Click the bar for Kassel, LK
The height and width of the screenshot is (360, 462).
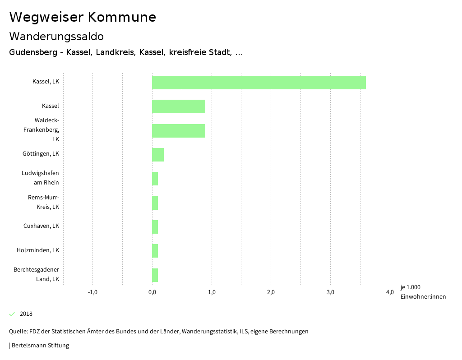(259, 83)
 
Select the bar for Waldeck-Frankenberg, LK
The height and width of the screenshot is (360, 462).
(179, 131)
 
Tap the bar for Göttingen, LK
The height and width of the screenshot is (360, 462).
(158, 155)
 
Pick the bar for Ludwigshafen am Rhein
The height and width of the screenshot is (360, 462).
(155, 179)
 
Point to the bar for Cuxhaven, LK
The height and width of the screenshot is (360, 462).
(155, 227)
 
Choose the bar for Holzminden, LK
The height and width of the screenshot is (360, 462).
(155, 251)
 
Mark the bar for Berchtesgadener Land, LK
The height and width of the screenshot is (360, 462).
(155, 275)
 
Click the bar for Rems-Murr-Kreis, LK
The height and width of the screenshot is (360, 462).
(155, 203)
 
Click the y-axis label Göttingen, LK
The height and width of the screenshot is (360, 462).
(41, 154)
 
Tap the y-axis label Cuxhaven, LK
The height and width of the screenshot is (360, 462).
(42, 226)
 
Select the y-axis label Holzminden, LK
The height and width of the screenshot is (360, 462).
(38, 250)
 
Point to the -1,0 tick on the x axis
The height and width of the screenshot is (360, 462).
(92, 292)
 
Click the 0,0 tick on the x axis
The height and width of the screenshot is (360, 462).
(152, 292)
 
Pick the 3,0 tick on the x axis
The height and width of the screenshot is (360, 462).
(330, 292)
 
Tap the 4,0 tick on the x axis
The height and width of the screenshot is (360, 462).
(390, 292)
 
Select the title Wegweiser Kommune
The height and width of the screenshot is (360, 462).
(83, 17)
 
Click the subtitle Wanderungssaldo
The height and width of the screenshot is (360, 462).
(56, 36)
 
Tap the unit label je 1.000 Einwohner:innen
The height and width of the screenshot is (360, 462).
(423, 292)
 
